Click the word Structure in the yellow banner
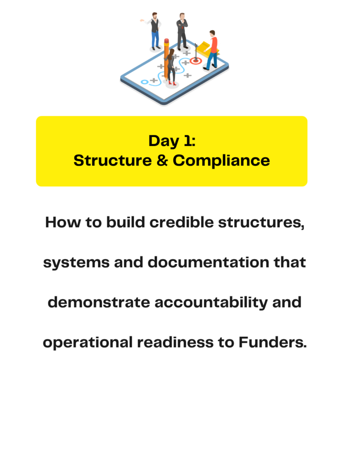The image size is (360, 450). point(113,160)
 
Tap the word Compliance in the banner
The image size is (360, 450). point(221,160)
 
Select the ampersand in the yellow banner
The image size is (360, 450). point(162,160)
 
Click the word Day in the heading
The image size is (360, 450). point(164,142)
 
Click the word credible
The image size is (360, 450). point(182,222)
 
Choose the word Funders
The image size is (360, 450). point(273,342)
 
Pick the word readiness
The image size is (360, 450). point(175,342)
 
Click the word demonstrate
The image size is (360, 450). point(99,302)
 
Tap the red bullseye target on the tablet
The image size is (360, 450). point(196,61)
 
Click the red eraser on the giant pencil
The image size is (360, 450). point(167,40)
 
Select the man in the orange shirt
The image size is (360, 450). point(211,50)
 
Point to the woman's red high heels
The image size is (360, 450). point(172,83)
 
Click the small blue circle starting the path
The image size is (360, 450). point(145,82)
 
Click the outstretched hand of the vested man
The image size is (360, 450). point(142,20)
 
